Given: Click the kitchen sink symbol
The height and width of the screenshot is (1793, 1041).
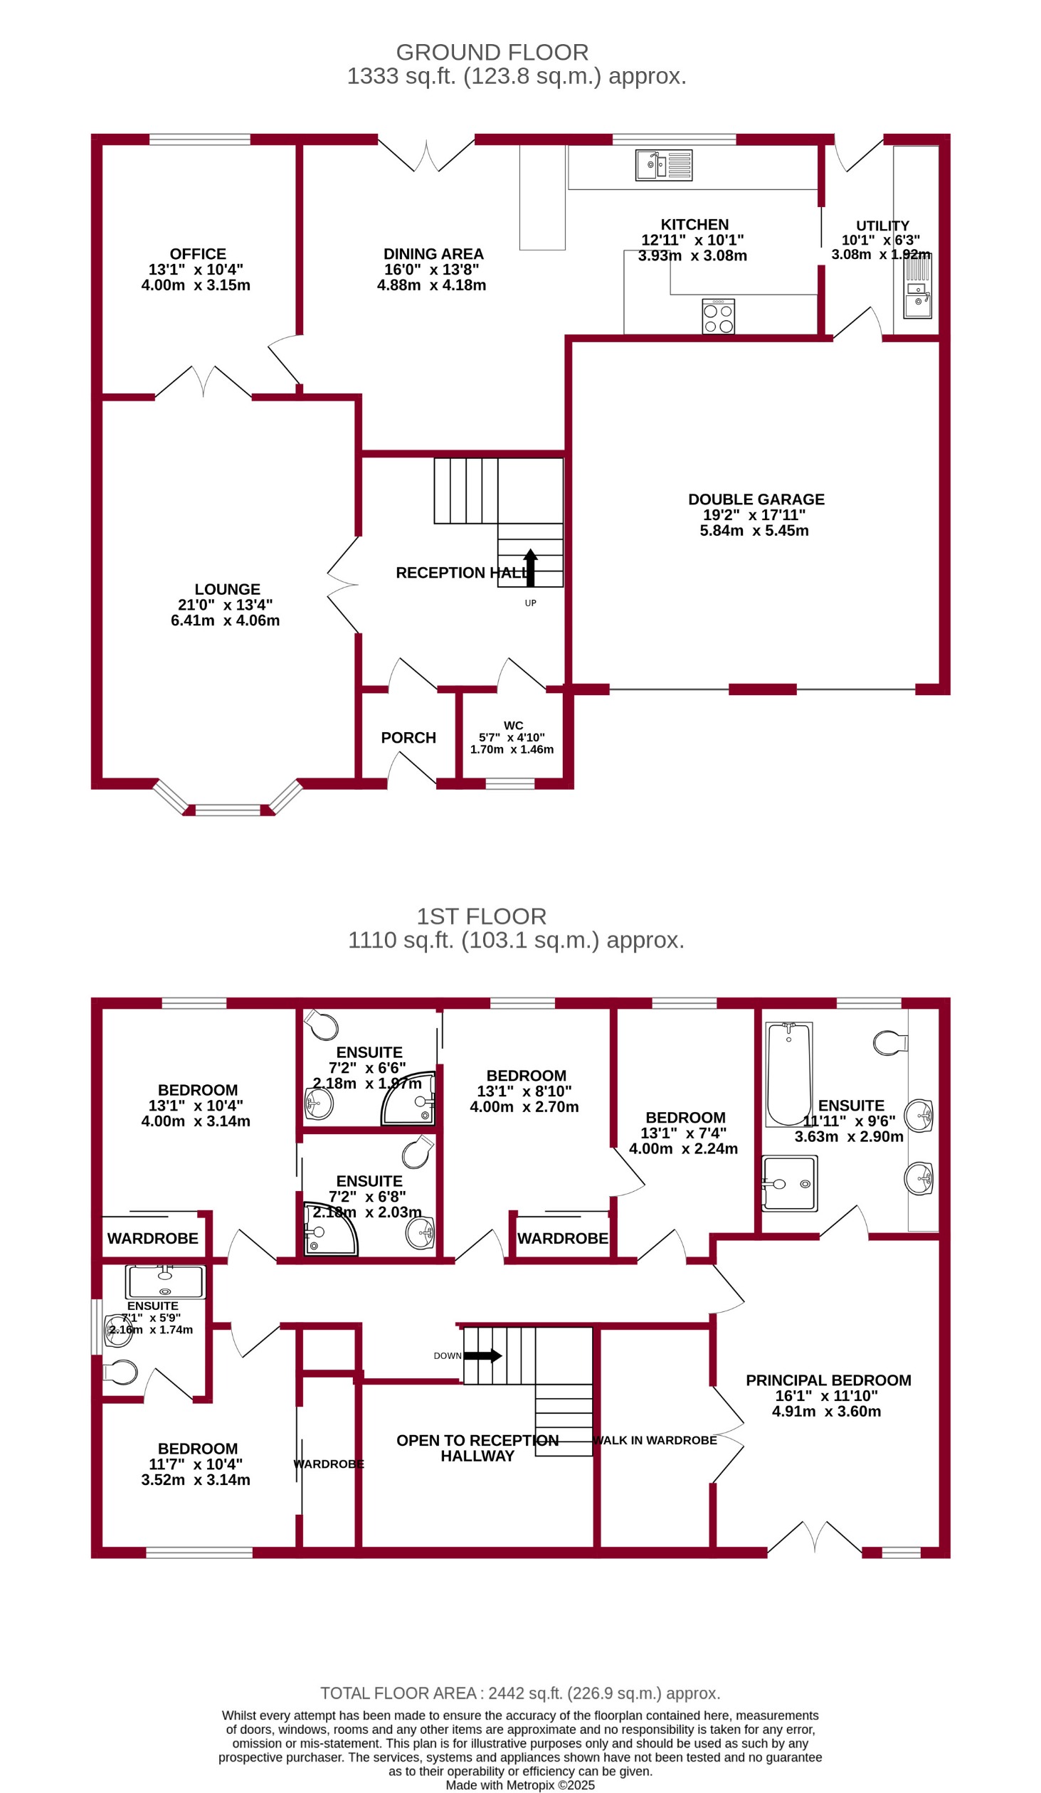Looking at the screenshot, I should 663,165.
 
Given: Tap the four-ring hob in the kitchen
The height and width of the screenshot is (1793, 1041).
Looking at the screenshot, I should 718,317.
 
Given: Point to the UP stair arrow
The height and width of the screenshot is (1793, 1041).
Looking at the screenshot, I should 530,567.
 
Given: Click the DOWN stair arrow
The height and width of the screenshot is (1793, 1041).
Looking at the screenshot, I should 482,1355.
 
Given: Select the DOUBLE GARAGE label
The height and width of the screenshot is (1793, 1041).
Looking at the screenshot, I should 756,499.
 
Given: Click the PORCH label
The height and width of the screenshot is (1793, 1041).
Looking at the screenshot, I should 408,738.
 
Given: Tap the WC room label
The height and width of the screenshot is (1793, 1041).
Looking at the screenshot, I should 513,726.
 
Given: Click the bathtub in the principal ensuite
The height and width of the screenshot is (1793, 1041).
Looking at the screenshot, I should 788,1074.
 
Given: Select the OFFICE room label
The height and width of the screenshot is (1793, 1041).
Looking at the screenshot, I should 198,254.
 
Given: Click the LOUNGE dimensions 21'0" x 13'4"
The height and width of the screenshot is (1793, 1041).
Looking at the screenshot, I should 225,605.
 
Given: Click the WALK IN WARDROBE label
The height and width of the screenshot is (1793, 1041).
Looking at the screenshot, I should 655,1440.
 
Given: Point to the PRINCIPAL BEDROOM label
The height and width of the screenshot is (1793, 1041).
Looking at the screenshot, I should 828,1380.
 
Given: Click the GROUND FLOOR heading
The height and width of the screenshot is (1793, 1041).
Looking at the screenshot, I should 492,53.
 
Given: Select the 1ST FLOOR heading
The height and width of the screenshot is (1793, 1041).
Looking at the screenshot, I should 481,916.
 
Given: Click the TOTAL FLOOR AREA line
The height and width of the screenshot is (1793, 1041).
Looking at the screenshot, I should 520,1693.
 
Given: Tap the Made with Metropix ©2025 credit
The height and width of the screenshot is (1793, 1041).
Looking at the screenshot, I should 520,1785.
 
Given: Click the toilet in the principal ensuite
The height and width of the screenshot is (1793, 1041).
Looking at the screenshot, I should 891,1044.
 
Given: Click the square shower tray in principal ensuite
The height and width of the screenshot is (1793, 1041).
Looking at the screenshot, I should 789,1183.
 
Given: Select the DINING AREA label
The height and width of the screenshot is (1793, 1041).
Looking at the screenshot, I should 433,254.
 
